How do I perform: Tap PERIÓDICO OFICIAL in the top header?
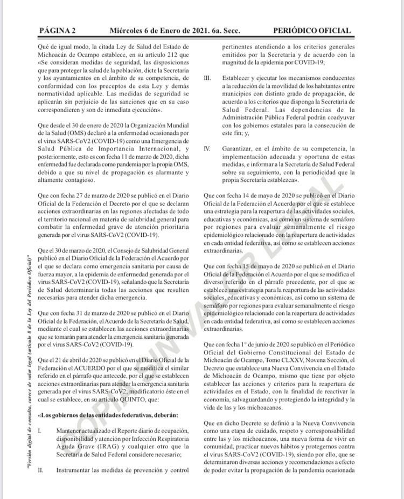click(x=312, y=31)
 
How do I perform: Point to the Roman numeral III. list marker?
click(x=207, y=79)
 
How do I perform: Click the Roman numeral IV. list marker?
click(x=207, y=148)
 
